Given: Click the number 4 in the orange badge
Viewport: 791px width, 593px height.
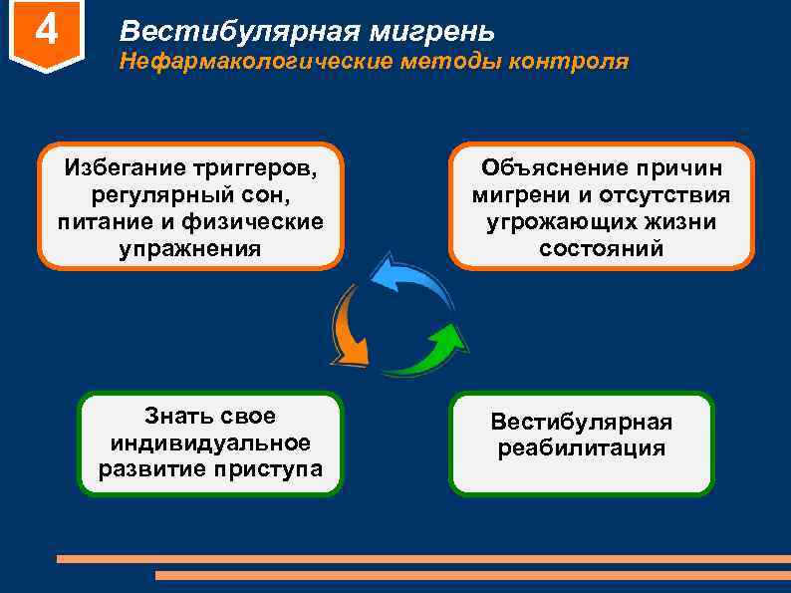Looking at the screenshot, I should pyautogui.click(x=45, y=31).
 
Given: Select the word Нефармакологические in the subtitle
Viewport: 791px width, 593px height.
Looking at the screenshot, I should pyautogui.click(x=255, y=62).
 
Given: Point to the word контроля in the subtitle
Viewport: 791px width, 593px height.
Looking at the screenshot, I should pyautogui.click(x=569, y=62).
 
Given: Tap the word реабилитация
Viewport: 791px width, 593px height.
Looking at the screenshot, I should pyautogui.click(x=582, y=448).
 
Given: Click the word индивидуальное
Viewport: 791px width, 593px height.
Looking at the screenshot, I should pyautogui.click(x=210, y=443).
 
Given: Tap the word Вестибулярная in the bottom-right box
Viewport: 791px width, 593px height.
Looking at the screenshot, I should pyautogui.click(x=582, y=422).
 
